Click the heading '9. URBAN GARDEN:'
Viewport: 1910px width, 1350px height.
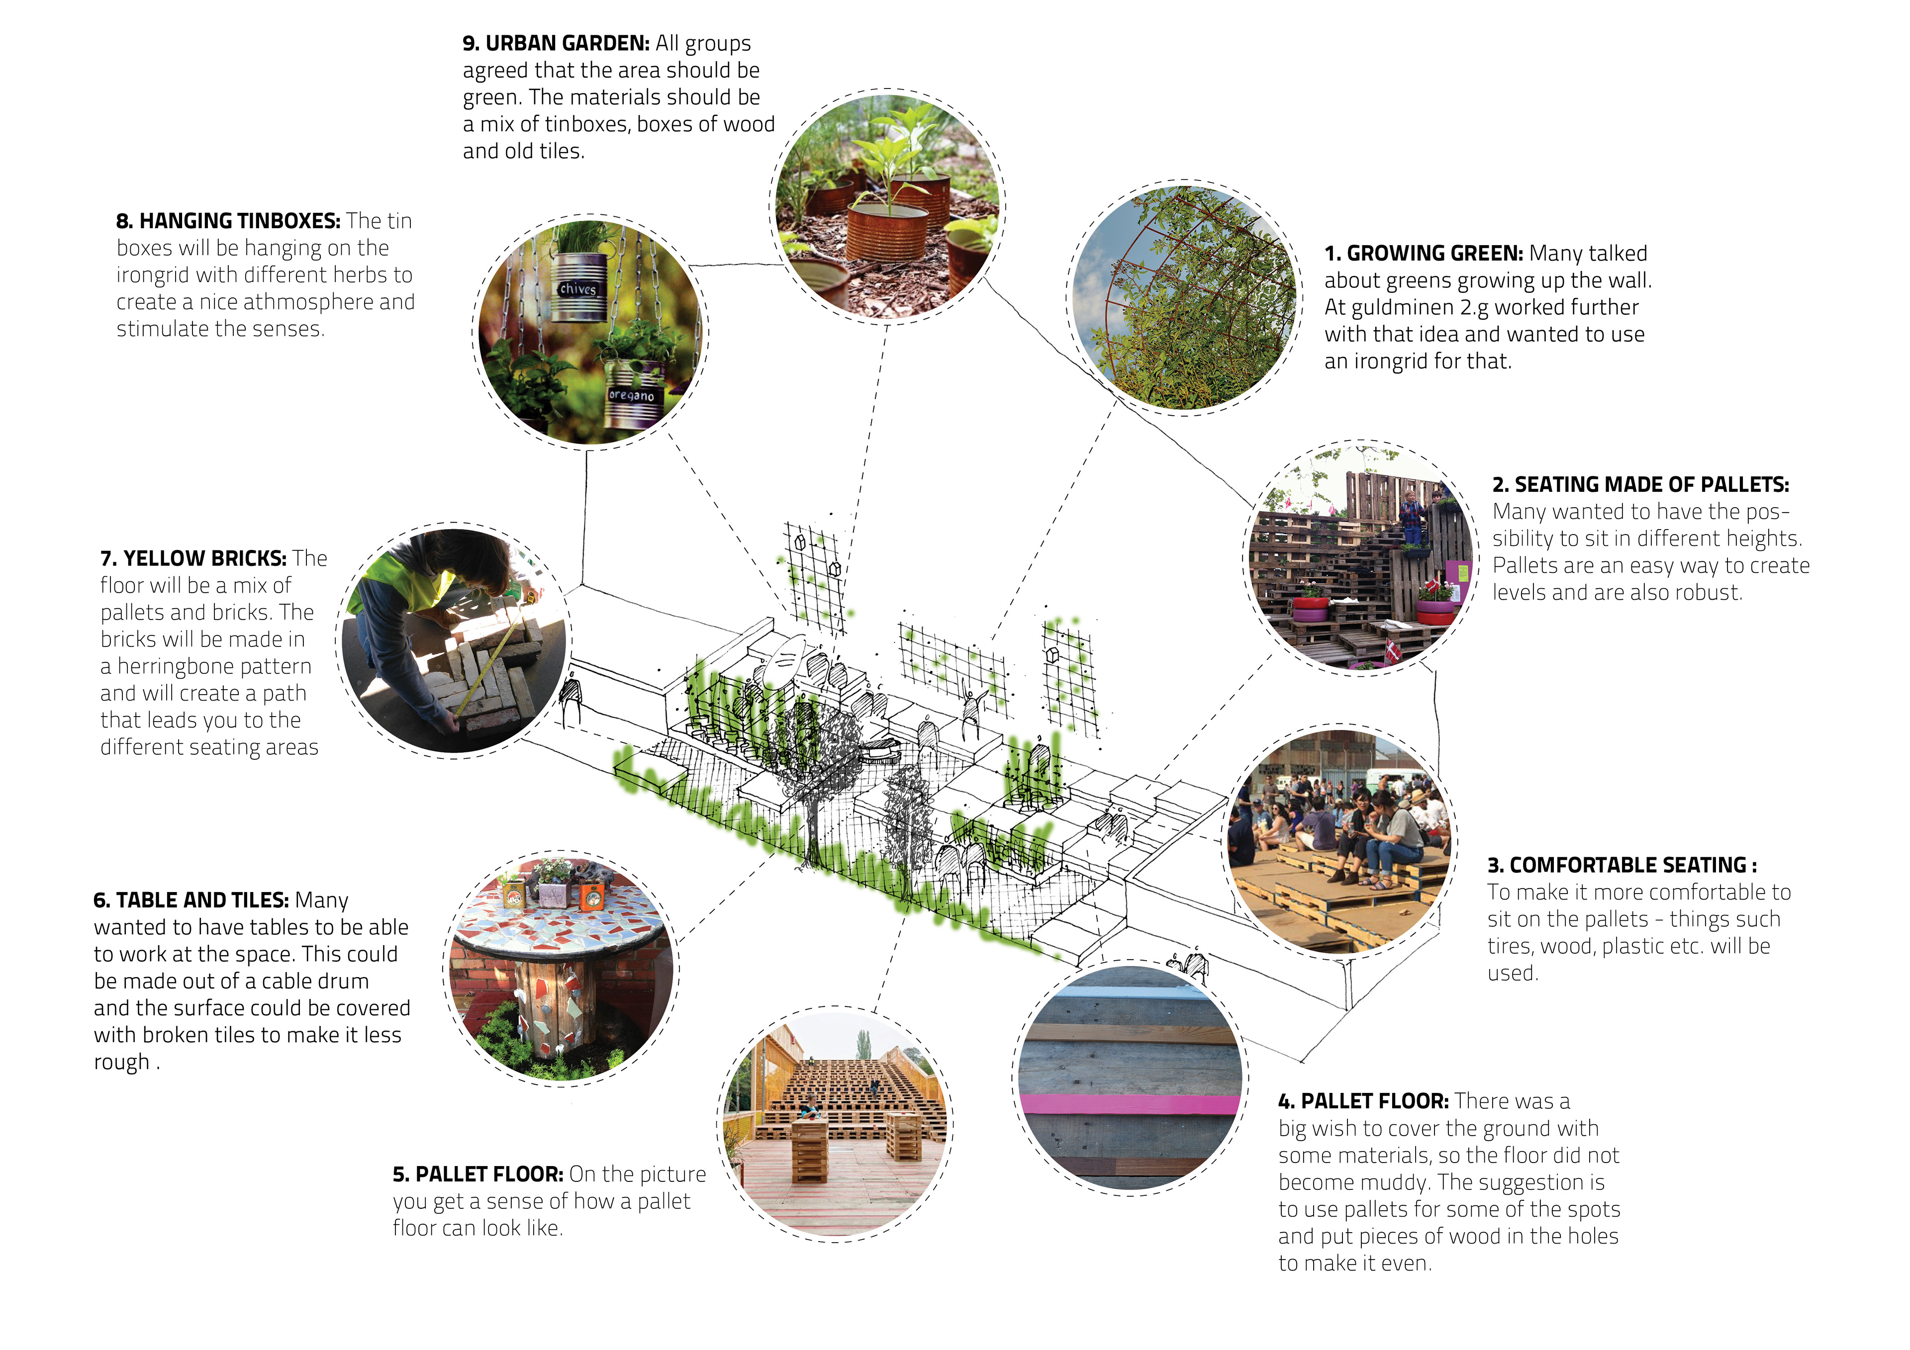[x=556, y=43]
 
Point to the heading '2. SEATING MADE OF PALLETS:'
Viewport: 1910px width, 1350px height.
[x=1640, y=485]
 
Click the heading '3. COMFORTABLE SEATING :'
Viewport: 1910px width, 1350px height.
[x=1622, y=865]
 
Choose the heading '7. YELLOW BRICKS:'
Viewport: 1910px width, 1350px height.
[x=193, y=558]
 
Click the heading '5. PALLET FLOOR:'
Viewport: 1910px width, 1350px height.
[x=478, y=1174]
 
